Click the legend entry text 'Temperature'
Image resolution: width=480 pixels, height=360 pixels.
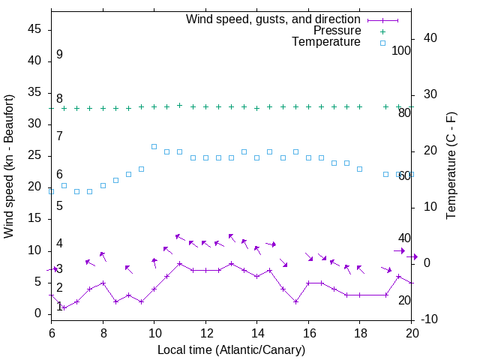(326, 43)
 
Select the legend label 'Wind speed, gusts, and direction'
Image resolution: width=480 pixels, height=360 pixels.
(273, 19)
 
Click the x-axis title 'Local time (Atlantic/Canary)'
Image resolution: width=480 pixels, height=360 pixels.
(231, 349)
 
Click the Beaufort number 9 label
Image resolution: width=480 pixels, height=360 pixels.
(59, 55)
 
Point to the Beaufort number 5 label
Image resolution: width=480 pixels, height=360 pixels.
(59, 205)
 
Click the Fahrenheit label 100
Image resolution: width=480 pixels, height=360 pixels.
(401, 50)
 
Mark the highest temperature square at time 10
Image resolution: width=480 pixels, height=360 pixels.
(154, 147)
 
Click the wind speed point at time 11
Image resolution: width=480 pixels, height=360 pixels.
(180, 263)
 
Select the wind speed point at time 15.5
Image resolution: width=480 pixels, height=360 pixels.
(295, 301)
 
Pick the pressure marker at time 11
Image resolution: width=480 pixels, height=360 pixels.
(180, 105)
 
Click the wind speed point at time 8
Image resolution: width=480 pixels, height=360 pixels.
(103, 283)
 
